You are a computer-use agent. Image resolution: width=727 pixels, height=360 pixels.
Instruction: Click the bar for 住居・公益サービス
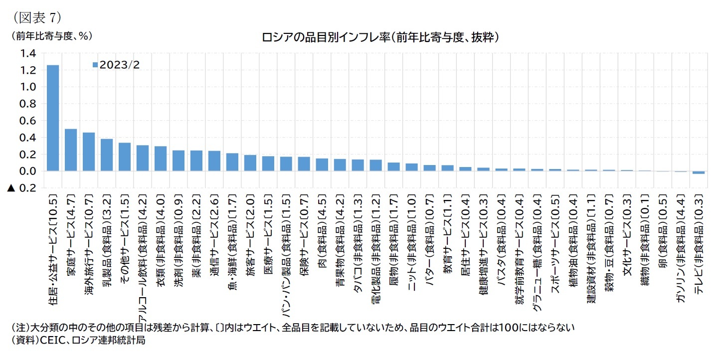pos(52,118)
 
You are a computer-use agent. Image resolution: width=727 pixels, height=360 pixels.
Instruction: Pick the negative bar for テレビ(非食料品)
pos(699,173)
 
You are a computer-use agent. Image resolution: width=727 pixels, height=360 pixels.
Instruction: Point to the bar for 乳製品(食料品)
pos(106,155)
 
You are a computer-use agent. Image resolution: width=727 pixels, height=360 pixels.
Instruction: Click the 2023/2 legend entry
pos(117,65)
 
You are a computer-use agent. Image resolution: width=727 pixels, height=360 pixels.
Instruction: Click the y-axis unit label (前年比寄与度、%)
pos(49,36)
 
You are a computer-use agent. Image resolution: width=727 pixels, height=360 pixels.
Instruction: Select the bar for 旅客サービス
pos(250,163)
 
